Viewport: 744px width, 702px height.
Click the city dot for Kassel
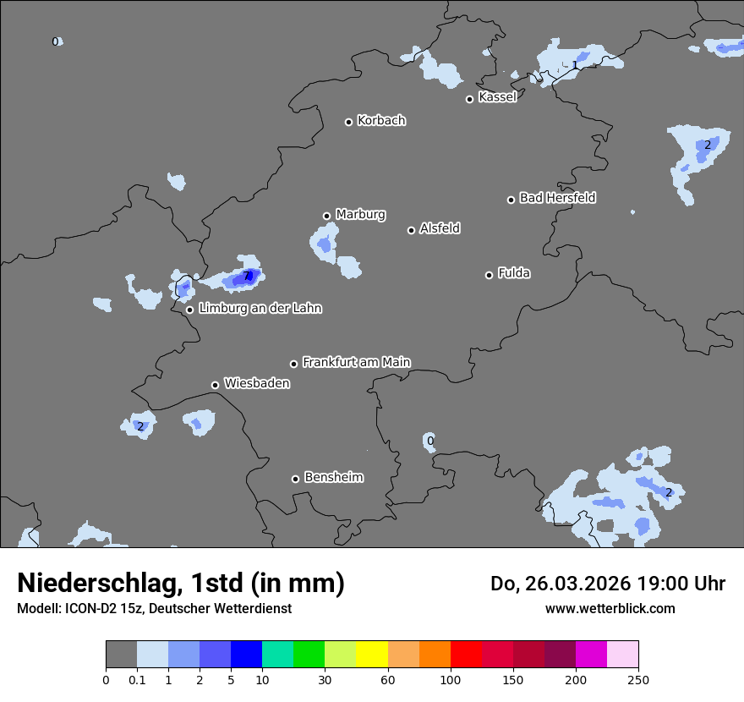pyautogui.click(x=469, y=99)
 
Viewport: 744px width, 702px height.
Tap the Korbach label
pyautogui.click(x=381, y=120)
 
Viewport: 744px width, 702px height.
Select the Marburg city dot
pyautogui.click(x=326, y=216)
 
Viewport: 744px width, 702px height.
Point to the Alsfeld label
pyautogui.click(x=440, y=228)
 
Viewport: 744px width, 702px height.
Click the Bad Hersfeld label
pyautogui.click(x=557, y=198)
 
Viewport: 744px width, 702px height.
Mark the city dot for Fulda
pyautogui.click(x=489, y=275)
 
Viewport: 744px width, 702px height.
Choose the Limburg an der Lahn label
pyautogui.click(x=260, y=309)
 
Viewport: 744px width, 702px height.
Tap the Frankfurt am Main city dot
pyautogui.click(x=294, y=364)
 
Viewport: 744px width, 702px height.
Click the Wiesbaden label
pyautogui.click(x=257, y=383)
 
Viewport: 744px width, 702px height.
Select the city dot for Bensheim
pyautogui.click(x=295, y=479)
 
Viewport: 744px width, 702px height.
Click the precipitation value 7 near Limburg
pyautogui.click(x=248, y=276)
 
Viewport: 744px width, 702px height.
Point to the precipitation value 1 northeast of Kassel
pyautogui.click(x=575, y=65)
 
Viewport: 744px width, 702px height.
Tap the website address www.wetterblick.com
pyautogui.click(x=610, y=608)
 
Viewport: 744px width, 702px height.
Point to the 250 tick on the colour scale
pyautogui.click(x=638, y=679)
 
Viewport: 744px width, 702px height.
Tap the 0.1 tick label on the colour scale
pyautogui.click(x=137, y=679)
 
